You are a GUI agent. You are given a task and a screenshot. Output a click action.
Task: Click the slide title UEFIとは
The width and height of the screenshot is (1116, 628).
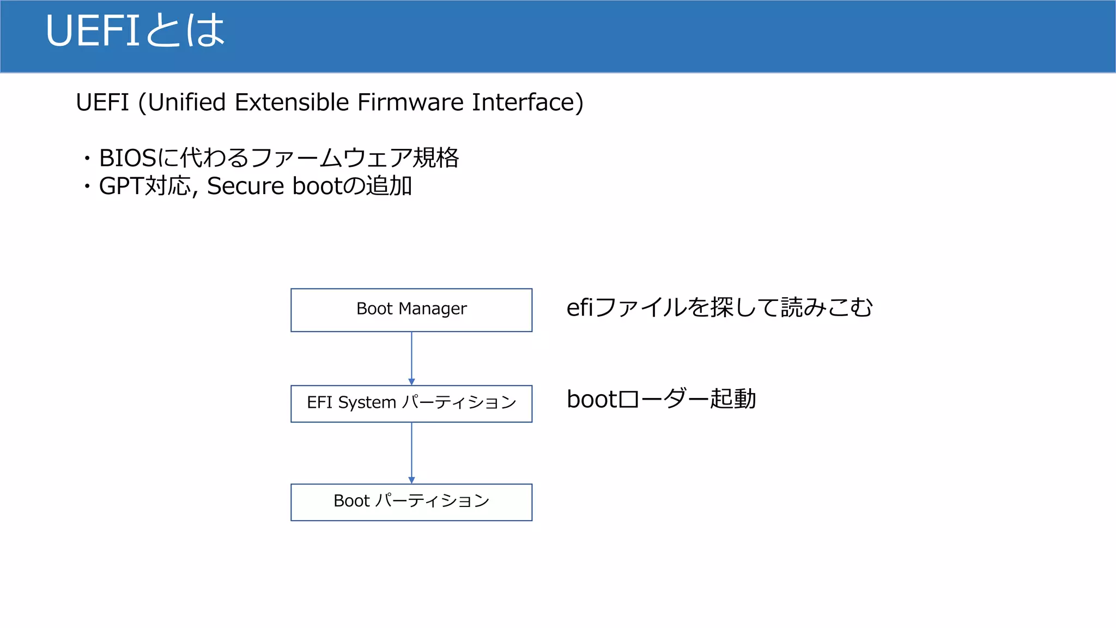(135, 31)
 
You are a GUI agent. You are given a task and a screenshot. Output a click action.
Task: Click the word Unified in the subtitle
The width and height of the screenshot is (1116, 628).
(186, 102)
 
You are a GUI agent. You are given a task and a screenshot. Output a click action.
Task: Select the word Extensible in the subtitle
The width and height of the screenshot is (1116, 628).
(292, 102)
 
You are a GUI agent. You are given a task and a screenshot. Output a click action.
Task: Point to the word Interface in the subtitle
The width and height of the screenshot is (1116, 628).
(524, 102)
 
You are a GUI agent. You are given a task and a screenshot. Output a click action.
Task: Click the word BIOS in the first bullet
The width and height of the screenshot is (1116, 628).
(128, 159)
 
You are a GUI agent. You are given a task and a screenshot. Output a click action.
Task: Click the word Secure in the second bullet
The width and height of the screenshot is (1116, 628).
(245, 186)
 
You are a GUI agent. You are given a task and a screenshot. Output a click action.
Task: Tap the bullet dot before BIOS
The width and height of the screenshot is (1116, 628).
(87, 159)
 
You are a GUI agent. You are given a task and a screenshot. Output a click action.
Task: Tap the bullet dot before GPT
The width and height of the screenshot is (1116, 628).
(87, 187)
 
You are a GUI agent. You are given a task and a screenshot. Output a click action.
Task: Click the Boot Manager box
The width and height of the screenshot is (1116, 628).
(411, 310)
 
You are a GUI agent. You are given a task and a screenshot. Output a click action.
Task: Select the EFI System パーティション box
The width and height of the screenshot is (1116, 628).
(411, 403)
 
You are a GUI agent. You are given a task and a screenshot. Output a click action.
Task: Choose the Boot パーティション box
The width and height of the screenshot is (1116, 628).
(411, 502)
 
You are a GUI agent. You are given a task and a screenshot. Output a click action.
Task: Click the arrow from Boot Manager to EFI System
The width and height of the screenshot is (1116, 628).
(411, 358)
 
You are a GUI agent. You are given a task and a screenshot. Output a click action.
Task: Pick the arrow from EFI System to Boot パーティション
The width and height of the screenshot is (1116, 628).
(411, 452)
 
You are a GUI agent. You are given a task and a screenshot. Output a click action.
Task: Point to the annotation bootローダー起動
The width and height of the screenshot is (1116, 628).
(661, 399)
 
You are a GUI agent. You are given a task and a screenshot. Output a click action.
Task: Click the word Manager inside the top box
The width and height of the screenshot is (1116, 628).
(433, 309)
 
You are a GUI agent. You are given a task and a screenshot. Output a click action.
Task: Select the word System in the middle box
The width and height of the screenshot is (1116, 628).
(367, 403)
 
